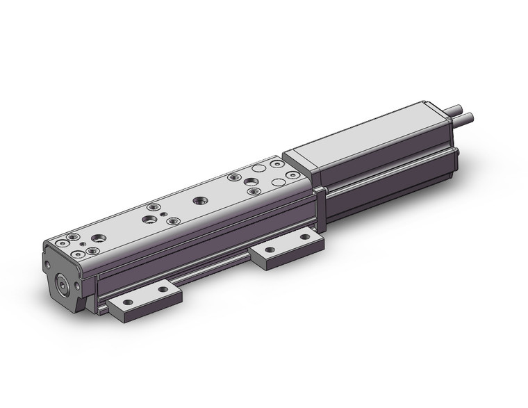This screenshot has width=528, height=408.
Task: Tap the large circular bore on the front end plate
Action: [64, 285]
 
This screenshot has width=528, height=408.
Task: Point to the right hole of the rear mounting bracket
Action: [304, 238]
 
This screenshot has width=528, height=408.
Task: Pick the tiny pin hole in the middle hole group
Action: [161, 215]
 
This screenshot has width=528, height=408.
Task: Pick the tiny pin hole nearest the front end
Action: [83, 245]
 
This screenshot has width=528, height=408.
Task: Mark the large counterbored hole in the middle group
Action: [149, 219]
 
